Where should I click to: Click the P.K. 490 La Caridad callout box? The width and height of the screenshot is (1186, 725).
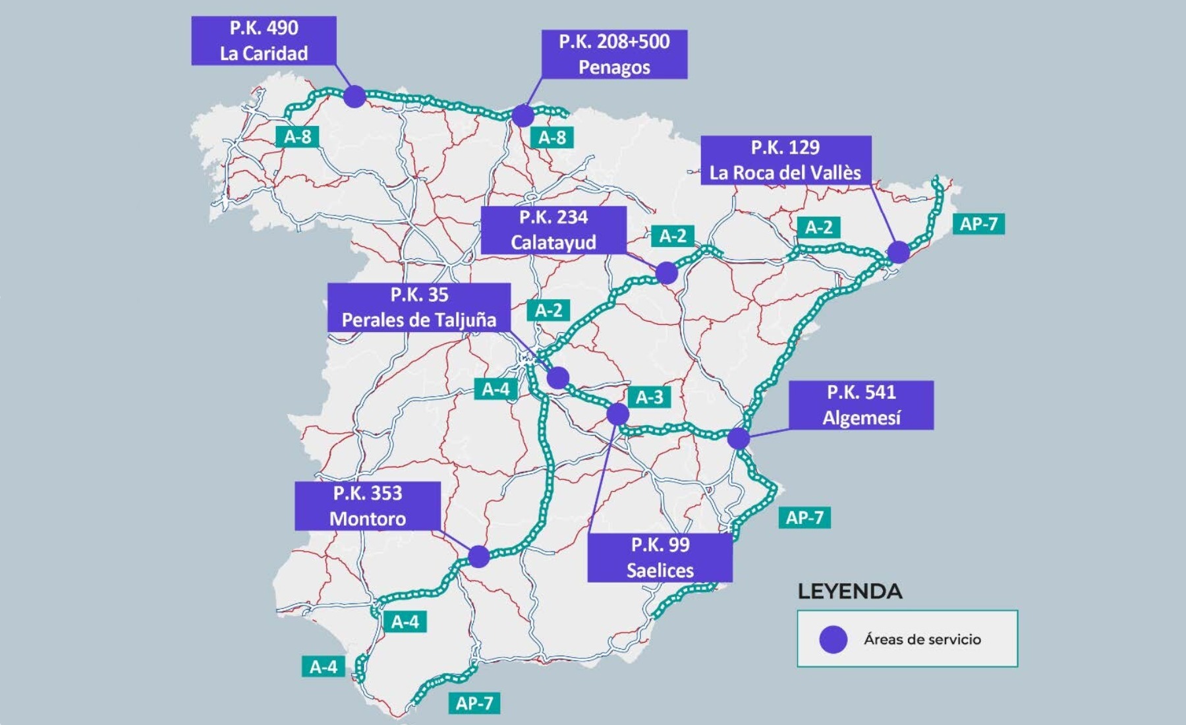264,41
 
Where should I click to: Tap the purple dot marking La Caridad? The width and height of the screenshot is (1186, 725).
354,96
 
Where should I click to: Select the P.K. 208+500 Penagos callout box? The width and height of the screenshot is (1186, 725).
614,54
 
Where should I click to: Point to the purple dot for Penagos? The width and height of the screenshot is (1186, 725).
522,115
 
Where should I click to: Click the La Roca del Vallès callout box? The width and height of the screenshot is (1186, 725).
785,160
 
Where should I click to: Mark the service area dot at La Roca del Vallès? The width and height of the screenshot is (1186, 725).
898,252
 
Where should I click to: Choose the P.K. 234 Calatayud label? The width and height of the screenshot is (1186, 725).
553,230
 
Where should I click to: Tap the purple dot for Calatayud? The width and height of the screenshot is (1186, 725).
666,272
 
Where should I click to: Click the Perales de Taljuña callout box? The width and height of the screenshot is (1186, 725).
419,307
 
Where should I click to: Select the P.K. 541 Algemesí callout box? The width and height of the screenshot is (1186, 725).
861,405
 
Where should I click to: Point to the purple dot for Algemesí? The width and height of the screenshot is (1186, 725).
739,438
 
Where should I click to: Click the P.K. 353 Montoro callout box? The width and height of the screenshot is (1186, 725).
368,506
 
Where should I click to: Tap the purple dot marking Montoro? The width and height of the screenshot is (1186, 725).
479,556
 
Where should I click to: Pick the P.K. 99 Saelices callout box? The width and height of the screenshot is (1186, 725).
660,558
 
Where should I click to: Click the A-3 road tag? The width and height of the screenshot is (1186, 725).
649,397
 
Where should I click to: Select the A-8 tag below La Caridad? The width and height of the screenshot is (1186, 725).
297,136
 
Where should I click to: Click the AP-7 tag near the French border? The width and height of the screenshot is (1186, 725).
978,224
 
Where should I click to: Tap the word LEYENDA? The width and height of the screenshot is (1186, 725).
849,591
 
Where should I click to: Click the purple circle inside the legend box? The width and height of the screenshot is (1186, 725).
833,639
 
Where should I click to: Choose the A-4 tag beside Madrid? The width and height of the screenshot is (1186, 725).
495,389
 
